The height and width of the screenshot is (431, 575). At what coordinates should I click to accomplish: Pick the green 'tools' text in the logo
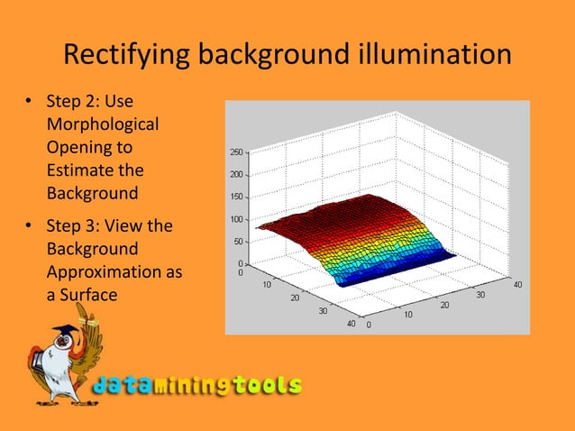(x=265, y=386)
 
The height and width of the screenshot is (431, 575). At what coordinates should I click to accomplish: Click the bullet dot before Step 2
(x=28, y=101)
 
